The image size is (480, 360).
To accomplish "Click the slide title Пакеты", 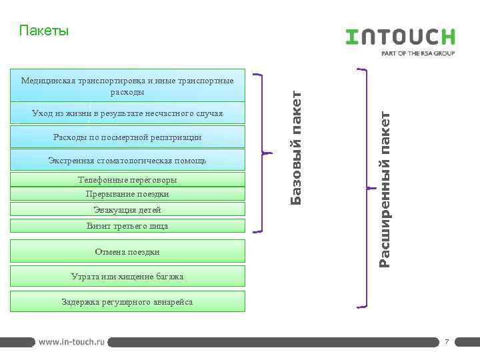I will point(44,31).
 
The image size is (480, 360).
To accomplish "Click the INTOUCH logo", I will point(400,36).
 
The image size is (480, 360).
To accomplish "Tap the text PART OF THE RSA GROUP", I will point(417,53).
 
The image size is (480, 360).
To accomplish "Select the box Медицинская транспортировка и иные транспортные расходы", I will point(127,86).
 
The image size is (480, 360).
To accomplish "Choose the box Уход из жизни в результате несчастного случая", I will point(127,114).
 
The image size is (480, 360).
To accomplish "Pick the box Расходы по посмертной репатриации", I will point(127,137).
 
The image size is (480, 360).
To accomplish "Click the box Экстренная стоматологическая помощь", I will point(127,161).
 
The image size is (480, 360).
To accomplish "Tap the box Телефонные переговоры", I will point(127,180).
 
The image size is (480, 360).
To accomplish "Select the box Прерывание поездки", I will point(127,194).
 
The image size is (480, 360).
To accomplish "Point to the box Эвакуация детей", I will point(127,210).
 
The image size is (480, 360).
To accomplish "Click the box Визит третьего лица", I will point(127,226).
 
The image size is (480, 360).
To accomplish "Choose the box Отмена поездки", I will point(127,252).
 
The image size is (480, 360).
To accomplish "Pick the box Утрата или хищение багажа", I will point(127,276).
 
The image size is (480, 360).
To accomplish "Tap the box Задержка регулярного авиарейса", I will point(127,302).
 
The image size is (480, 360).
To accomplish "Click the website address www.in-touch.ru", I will point(71,341).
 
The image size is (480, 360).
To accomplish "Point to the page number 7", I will point(447,342).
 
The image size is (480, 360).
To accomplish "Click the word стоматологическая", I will point(137,161).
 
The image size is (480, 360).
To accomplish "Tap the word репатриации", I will point(176,137).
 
